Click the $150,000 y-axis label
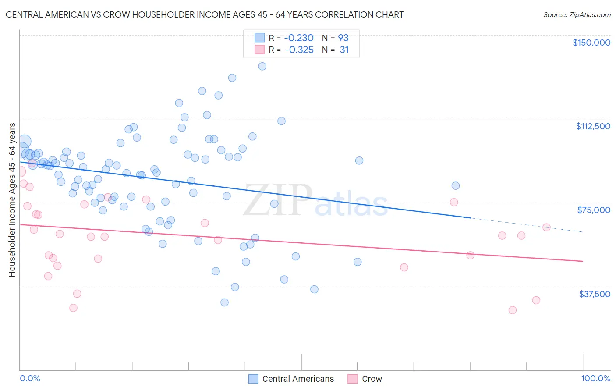[591, 43]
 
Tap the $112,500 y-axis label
[593, 126]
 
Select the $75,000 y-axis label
[594, 210]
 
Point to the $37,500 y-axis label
[594, 294]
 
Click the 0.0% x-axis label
[30, 379]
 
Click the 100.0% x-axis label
[595, 379]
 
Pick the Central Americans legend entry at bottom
[297, 379]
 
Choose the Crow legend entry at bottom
[372, 379]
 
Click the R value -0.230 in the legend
[299, 38]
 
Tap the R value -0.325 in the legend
[299, 50]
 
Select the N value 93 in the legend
[343, 38]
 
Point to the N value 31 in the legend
[344, 50]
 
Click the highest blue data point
[262, 66]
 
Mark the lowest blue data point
[224, 302]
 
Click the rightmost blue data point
[455, 186]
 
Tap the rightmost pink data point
[546, 227]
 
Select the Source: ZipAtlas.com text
[577, 15]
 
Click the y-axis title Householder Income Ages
[12, 200]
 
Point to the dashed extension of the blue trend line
[526, 224]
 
